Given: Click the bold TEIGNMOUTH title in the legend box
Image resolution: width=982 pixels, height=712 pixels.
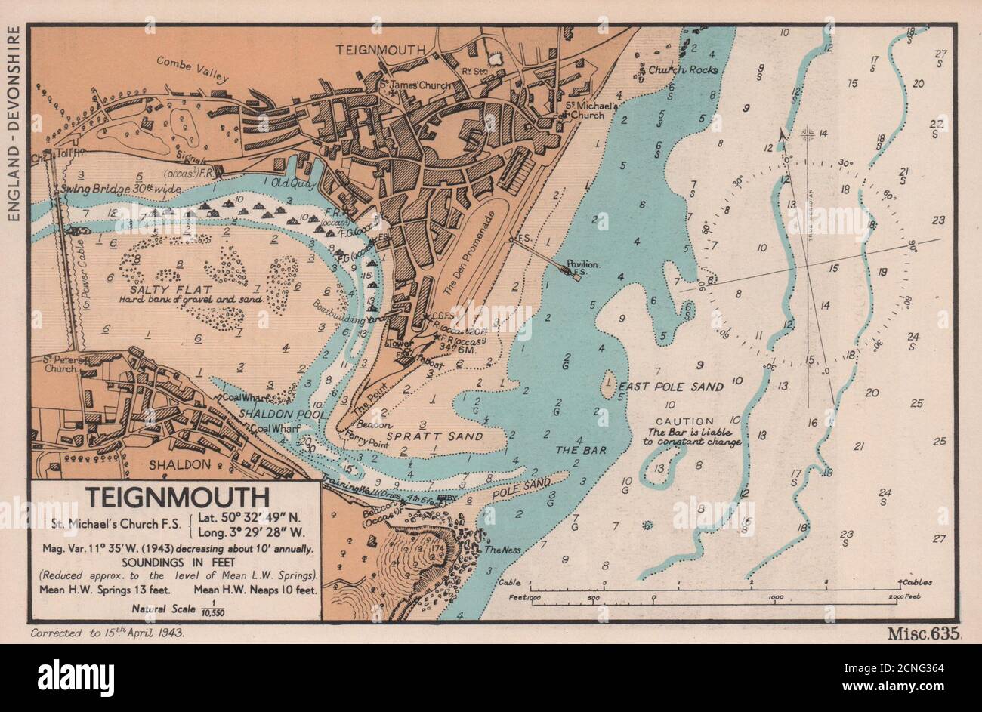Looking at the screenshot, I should click(178, 499).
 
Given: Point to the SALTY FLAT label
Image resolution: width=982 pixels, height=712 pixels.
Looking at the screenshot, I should click(147, 288).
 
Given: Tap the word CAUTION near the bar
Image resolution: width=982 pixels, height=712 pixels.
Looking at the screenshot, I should click(684, 421).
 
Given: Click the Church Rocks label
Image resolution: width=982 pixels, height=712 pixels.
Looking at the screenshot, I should click(682, 69).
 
